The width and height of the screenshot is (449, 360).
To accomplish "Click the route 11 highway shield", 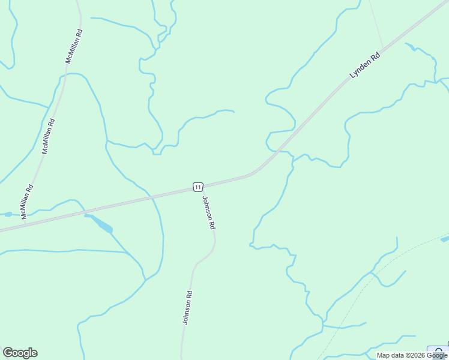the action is click(x=198, y=187).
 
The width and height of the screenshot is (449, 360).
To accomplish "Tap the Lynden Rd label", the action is click(x=366, y=67).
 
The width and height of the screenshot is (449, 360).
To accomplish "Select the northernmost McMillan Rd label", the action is click(x=74, y=46).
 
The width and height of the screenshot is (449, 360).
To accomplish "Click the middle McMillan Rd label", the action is click(x=48, y=136).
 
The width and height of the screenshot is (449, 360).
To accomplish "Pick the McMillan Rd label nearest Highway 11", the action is click(x=27, y=201).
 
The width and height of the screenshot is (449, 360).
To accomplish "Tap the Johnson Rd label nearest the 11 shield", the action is click(x=208, y=213).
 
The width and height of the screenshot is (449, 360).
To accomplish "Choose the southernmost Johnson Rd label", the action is click(x=187, y=308).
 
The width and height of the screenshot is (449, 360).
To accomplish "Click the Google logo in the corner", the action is click(x=20, y=353).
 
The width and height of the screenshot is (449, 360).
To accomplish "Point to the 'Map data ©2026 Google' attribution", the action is click(x=412, y=355).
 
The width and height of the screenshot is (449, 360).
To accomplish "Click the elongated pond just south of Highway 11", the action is click(x=101, y=223).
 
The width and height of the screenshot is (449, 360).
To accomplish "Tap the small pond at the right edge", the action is click(x=445, y=239).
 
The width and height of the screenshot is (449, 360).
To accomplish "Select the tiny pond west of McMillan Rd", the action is click(x=7, y=214).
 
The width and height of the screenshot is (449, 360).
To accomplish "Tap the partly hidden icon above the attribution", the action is click(x=438, y=351).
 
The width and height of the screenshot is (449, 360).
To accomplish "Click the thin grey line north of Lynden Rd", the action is click(x=376, y=24).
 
